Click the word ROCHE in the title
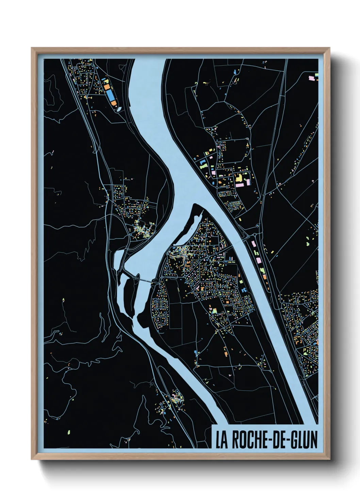click(x=246, y=440)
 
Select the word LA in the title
click(x=222, y=440)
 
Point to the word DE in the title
click(x=276, y=440)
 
